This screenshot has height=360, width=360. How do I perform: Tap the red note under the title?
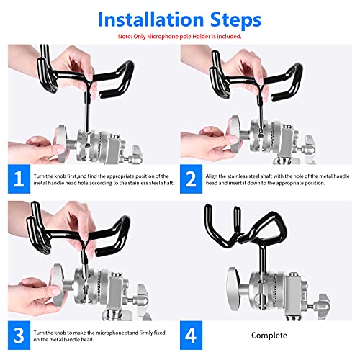point(180,35)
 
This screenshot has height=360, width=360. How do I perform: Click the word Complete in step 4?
point(269,336)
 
